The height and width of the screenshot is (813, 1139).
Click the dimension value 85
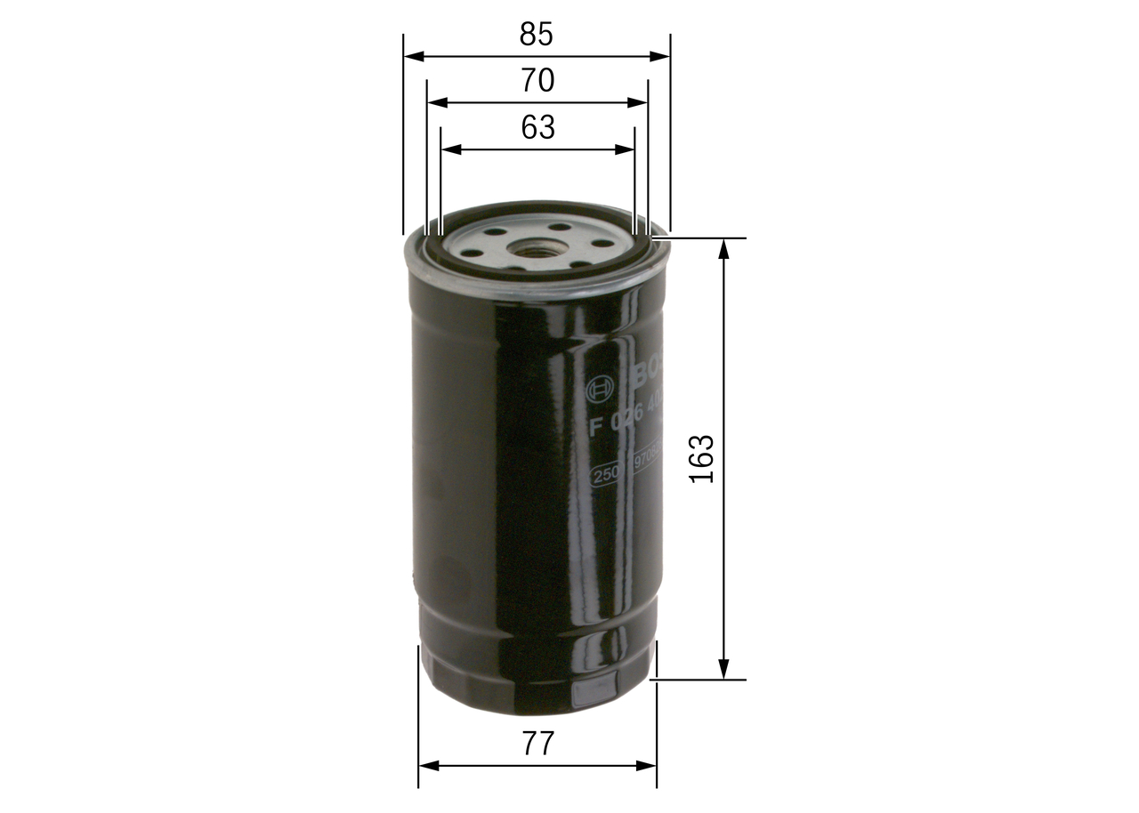click(537, 34)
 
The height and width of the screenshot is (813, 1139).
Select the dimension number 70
click(537, 81)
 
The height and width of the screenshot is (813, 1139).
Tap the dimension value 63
click(537, 128)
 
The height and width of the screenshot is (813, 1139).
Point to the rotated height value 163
click(703, 459)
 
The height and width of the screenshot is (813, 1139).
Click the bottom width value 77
click(537, 744)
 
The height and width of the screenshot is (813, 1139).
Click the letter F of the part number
click(596, 425)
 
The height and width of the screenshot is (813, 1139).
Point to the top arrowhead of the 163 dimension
click(724, 248)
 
